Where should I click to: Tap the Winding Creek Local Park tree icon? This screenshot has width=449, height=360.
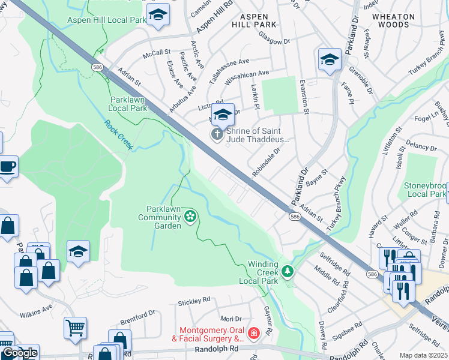click(288, 272)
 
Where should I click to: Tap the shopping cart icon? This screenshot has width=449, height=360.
click(75, 328)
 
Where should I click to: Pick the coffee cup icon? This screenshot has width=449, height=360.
click(8, 166)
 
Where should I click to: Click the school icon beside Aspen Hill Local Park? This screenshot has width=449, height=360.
click(158, 15)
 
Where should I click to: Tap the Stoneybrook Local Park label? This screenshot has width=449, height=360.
click(425, 190)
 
